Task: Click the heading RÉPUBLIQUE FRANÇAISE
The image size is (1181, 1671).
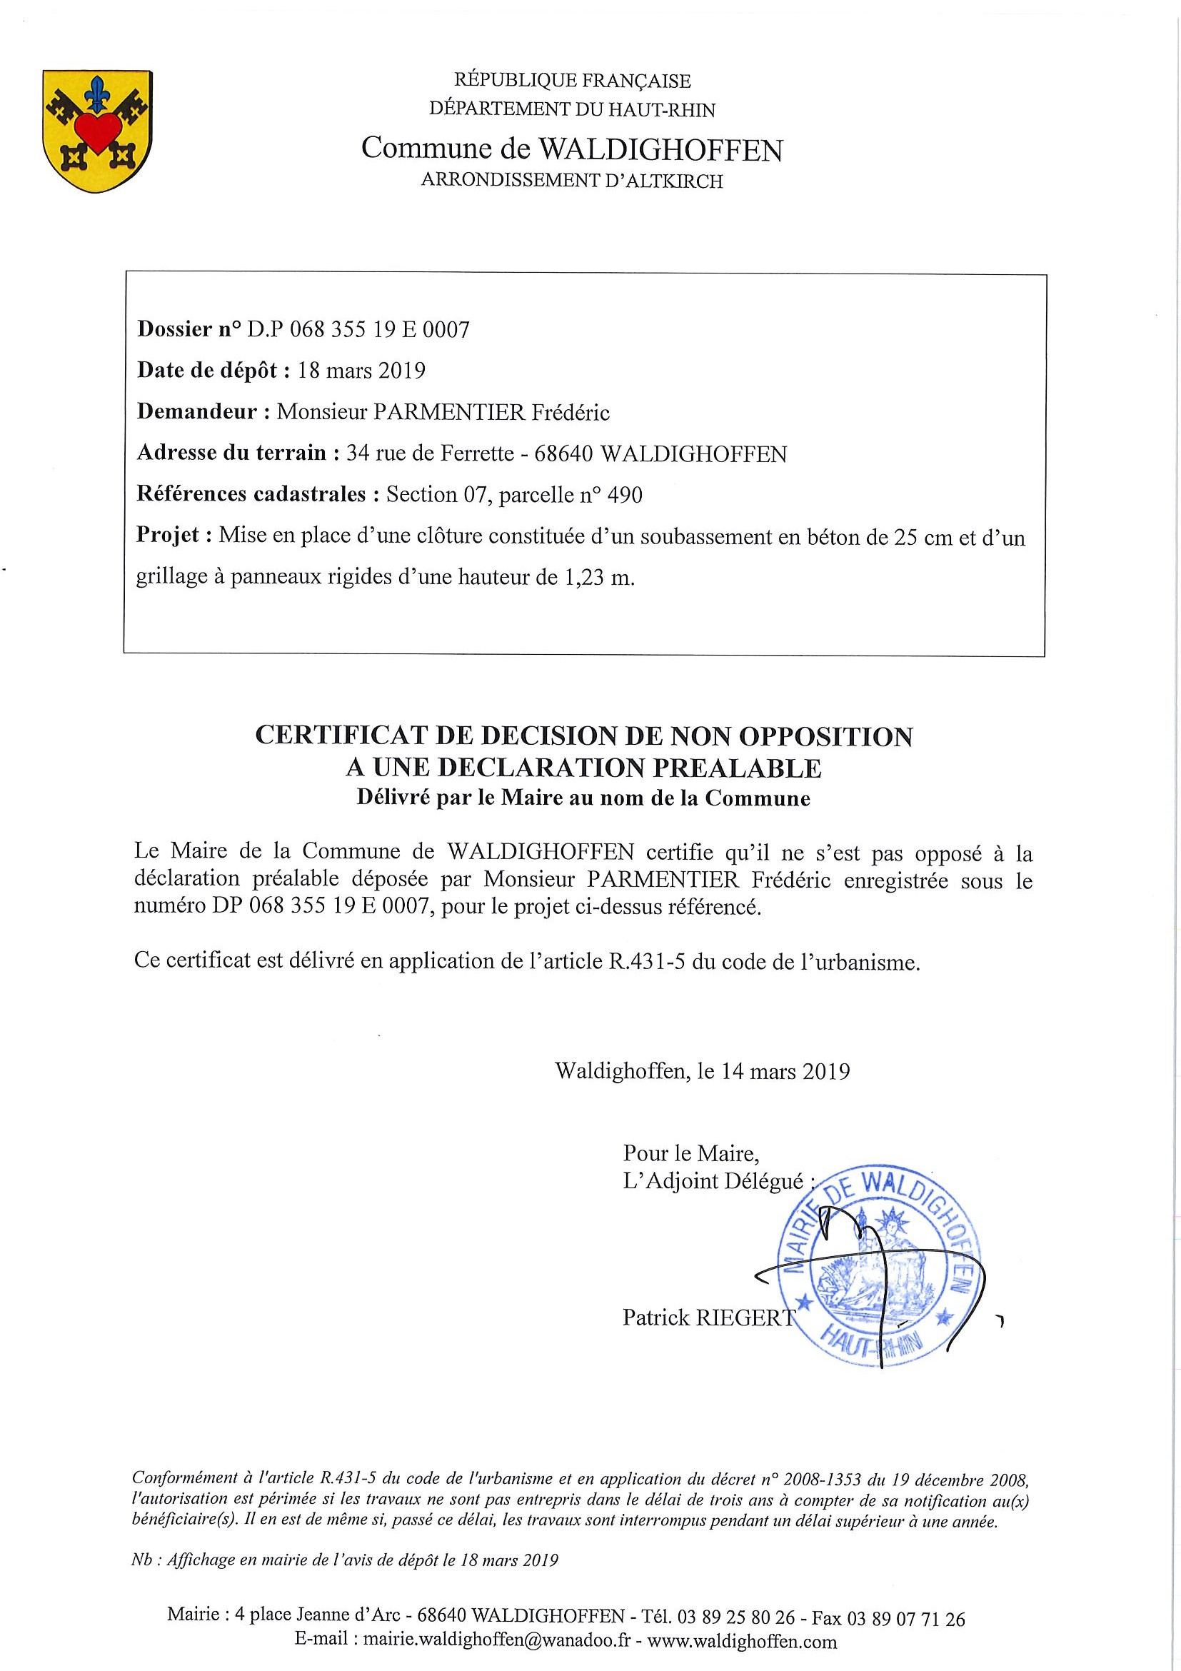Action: click(x=572, y=80)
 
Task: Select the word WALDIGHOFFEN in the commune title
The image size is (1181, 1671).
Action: click(x=660, y=150)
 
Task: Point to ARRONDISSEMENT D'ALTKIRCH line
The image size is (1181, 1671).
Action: click(x=572, y=181)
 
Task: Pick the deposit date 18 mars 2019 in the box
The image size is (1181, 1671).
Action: click(x=361, y=371)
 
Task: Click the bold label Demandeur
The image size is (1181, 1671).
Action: click(x=196, y=412)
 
